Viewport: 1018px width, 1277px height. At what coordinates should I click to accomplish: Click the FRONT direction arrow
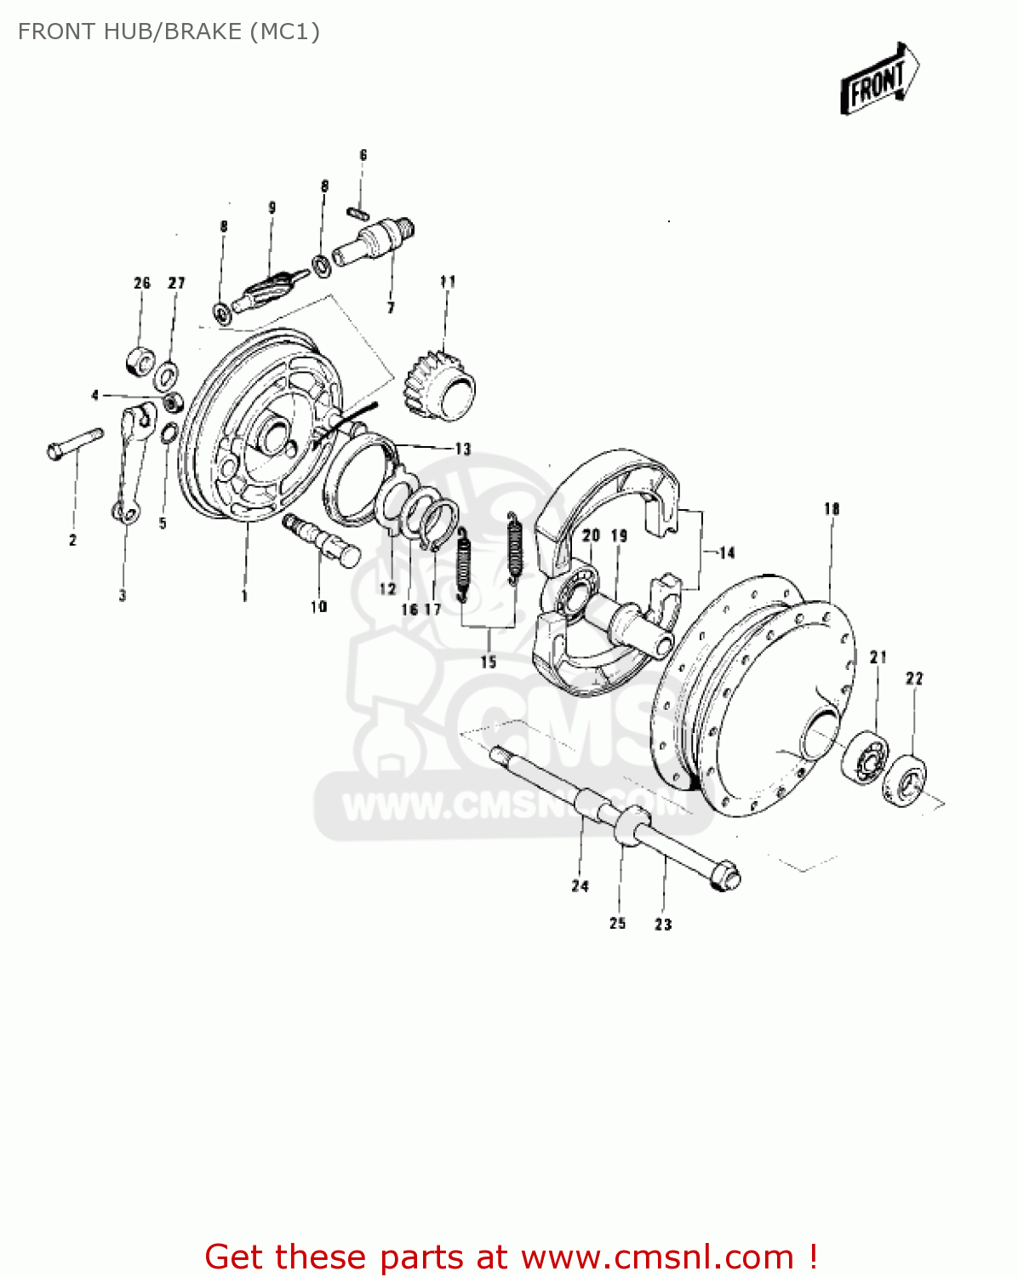pos(879,79)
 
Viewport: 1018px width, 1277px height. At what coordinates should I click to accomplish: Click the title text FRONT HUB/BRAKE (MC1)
pos(169,31)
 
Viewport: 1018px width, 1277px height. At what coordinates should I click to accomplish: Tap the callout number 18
pos(831,508)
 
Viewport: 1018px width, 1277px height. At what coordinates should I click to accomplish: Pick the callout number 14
pos(726,553)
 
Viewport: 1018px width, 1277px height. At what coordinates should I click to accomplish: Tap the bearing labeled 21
pos(866,753)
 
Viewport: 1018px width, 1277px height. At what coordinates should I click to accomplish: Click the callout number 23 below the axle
pos(663,924)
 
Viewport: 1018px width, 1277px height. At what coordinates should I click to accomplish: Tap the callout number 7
pos(391,307)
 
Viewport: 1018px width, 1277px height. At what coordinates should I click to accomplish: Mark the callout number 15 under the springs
pos(488,661)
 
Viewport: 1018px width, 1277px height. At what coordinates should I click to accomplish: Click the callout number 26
pos(141,283)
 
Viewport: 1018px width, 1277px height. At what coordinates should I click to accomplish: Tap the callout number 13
pos(462,449)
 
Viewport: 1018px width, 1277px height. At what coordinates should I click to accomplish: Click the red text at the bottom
pos(511,1257)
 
